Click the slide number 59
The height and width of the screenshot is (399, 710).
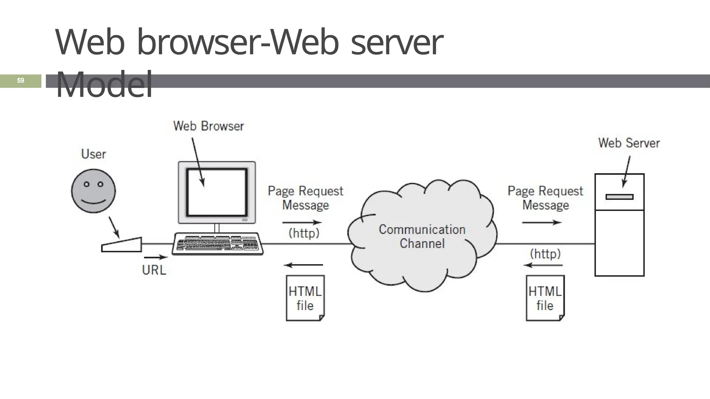point(20,81)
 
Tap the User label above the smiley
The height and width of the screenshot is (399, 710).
point(93,154)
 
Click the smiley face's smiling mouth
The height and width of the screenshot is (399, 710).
point(93,202)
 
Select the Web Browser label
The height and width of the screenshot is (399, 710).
point(208,126)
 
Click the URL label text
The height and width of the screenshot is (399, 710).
point(154,270)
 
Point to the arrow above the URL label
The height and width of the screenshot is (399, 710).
point(156,257)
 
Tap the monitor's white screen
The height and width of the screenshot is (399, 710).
point(217,192)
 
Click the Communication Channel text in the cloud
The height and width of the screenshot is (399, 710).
point(422,236)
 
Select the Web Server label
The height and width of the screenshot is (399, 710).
point(629,143)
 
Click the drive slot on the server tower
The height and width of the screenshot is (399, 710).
point(619,197)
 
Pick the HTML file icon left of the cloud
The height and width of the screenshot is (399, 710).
point(305,298)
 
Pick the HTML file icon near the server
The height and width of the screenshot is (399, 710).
point(545,298)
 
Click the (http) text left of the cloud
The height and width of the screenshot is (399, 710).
point(304,233)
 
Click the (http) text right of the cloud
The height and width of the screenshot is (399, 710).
point(545,254)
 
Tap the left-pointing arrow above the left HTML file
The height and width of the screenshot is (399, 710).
point(303,265)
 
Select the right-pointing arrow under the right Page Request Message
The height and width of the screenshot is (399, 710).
point(542,223)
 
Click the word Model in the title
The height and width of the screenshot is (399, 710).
point(104,85)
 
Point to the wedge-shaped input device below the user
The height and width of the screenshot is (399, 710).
point(122,245)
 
